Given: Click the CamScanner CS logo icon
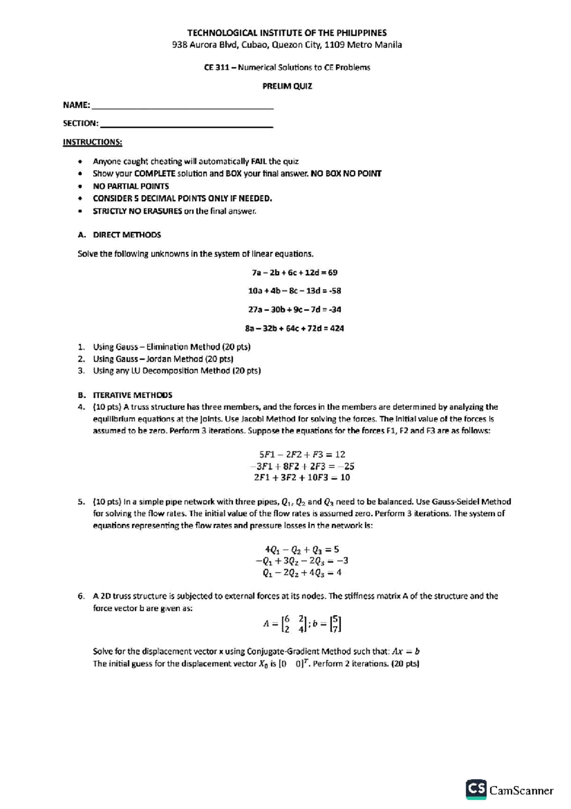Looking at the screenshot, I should [476, 789].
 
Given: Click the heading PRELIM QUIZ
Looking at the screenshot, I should [287, 86].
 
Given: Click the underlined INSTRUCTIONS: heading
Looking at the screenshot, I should [92, 142].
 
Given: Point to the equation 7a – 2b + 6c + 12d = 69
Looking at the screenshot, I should [294, 273].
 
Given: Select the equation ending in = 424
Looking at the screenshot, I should [294, 328].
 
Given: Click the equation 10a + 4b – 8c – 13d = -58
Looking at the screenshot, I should [294, 291].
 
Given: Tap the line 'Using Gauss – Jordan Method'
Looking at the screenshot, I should [163, 359].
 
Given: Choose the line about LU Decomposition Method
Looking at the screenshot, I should [177, 371].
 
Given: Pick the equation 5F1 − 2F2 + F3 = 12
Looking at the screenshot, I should [302, 455].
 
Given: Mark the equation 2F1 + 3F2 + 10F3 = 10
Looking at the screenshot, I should [302, 477].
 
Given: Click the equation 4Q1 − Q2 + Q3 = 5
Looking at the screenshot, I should [302, 549].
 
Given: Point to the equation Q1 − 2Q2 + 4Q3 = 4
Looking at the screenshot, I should [302, 573].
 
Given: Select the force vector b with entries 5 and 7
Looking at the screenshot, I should [336, 624].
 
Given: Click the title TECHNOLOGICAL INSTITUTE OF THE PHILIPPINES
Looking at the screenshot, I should [286, 33].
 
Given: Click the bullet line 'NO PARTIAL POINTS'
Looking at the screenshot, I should [130, 186].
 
